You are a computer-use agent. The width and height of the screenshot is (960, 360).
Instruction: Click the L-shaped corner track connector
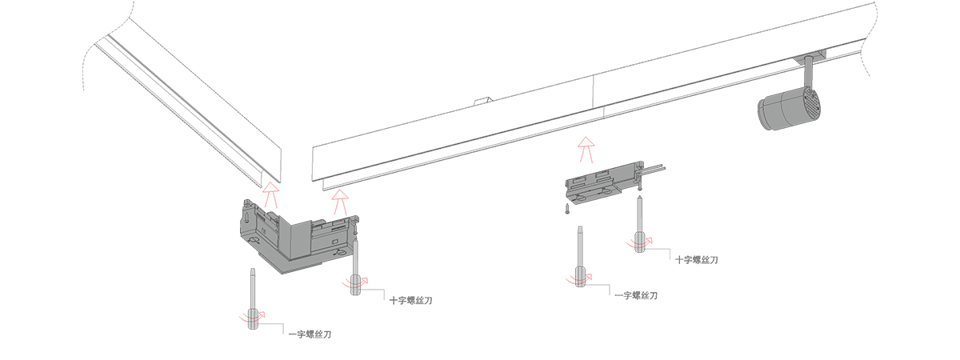296,236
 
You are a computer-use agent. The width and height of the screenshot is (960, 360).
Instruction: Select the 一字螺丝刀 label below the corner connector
310,334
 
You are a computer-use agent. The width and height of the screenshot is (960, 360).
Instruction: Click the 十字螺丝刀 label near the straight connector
696,260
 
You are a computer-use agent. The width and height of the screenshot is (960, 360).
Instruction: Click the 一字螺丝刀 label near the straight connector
636,296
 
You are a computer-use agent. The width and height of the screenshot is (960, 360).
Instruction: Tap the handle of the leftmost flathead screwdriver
253,318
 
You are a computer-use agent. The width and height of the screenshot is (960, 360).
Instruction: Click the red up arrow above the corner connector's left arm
272,193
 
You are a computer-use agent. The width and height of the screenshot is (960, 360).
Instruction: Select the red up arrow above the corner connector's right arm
342,198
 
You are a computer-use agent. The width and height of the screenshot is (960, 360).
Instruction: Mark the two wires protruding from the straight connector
654,169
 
